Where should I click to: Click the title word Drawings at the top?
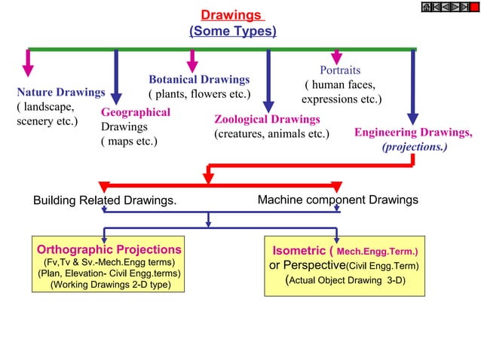[x=231, y=15]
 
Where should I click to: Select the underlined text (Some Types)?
[x=232, y=32]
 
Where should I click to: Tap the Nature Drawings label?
[x=60, y=93]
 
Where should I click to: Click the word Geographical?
[x=136, y=112]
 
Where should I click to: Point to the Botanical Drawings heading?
[x=199, y=79]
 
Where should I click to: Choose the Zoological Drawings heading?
[x=267, y=119]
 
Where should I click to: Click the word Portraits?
[x=340, y=70]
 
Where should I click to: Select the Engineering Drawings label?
[x=413, y=133]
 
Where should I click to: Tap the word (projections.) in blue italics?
[x=415, y=147]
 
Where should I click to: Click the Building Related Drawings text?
[x=105, y=200]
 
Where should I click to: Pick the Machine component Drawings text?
[x=338, y=200]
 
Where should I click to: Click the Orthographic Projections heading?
[x=109, y=249]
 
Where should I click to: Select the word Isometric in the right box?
[x=298, y=250]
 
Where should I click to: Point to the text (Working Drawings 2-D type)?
[x=109, y=285]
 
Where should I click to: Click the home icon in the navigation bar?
[x=427, y=7]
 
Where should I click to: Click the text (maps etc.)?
[x=129, y=141]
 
